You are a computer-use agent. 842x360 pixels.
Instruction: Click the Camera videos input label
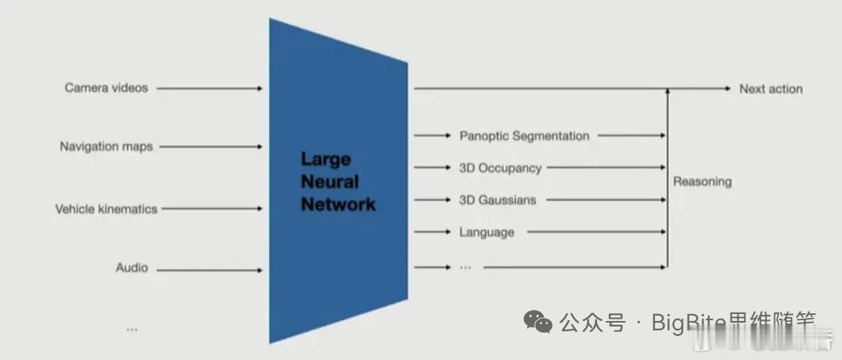coord(106,88)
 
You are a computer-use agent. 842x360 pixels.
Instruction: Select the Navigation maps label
coord(106,146)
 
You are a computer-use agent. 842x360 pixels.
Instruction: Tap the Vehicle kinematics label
coord(106,209)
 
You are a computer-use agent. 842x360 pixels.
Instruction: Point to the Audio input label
coord(132,268)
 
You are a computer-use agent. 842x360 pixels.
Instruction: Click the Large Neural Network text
coord(338,182)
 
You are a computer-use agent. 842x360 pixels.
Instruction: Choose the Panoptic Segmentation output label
coord(524,136)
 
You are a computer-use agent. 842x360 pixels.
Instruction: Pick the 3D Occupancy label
coord(501,168)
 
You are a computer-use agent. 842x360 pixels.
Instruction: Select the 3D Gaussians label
coord(497,200)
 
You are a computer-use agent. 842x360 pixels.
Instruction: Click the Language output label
coord(486,232)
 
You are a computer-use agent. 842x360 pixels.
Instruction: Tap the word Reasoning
coord(702,182)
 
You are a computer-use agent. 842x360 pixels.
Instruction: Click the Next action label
coord(770,89)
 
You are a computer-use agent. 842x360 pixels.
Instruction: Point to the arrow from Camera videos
coord(210,89)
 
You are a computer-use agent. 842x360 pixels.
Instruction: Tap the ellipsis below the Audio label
coord(132,329)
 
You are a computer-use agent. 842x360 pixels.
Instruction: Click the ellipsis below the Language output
coord(465,266)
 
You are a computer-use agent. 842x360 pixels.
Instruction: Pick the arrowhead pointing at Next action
coord(727,89)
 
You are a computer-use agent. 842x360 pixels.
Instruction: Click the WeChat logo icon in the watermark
coord(537,321)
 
